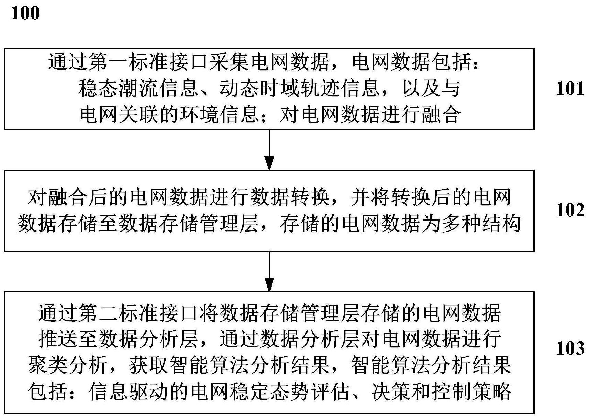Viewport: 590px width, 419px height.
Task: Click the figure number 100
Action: tap(25, 13)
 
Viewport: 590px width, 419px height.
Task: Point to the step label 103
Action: tap(570, 348)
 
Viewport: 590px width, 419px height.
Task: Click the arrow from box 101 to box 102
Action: tap(269, 150)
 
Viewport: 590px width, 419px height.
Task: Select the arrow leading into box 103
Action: tap(269, 271)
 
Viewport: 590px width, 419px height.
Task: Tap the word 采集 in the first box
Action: tap(228, 62)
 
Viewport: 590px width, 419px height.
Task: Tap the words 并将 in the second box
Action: tap(370, 197)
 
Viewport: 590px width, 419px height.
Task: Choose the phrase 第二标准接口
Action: tap(138, 313)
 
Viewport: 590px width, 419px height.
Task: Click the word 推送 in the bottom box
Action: tap(58, 339)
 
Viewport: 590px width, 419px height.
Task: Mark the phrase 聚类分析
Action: tap(68, 365)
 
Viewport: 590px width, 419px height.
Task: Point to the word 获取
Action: tap(149, 365)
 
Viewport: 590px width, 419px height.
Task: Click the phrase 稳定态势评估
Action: tap(288, 392)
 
